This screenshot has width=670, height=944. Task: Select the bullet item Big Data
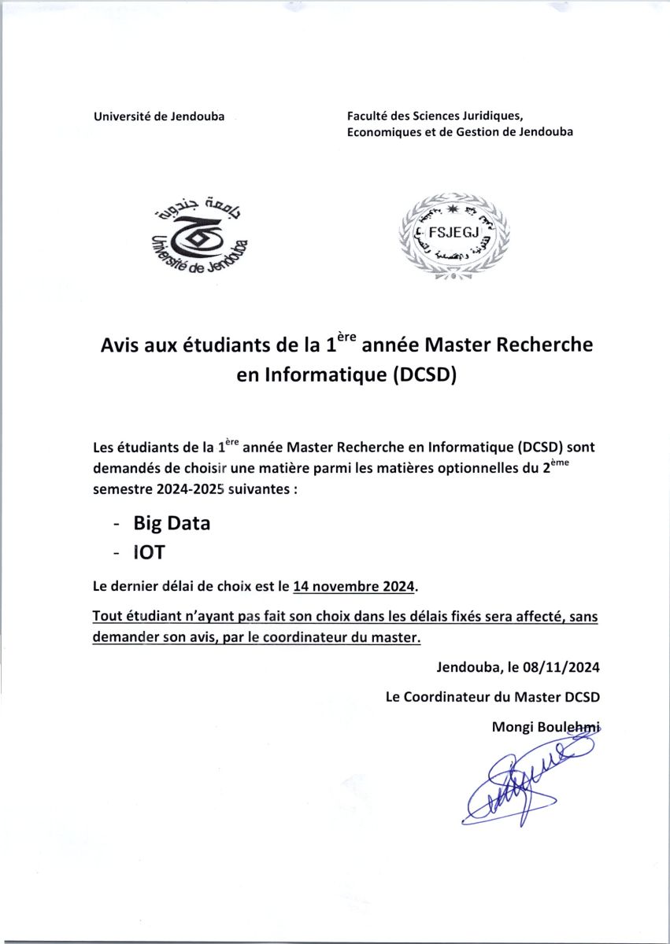(172, 523)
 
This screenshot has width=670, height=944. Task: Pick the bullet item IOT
(149, 552)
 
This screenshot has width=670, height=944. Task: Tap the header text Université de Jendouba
(159, 116)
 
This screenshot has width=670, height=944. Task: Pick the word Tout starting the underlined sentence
(108, 617)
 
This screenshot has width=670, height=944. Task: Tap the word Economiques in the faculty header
(383, 132)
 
